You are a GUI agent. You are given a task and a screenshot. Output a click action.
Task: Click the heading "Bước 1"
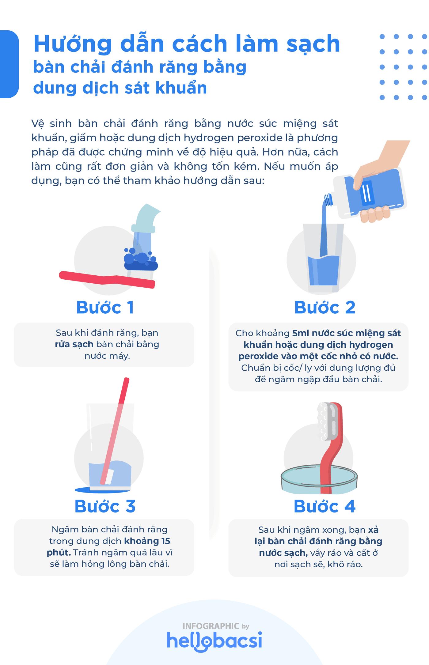coord(105,308)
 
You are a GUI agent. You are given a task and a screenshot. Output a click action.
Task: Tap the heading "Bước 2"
coord(325,308)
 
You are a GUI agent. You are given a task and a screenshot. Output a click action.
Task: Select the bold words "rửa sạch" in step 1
coord(74,344)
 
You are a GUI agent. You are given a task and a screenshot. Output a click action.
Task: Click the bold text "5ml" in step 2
coord(301,333)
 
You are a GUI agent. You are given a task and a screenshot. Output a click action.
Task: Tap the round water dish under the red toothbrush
coord(319,481)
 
